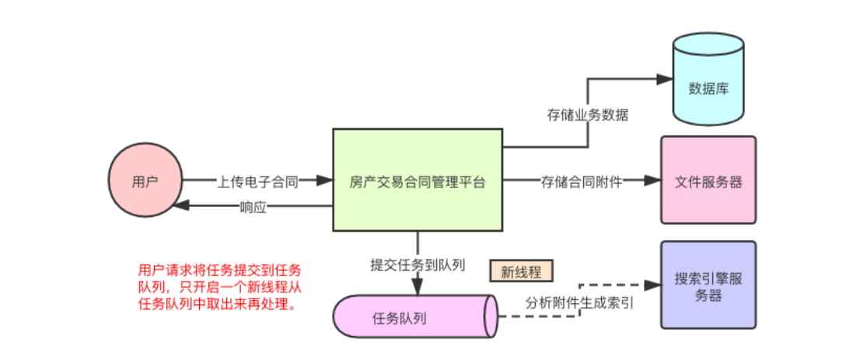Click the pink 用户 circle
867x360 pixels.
pyautogui.click(x=144, y=180)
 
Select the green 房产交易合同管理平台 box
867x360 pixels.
pyautogui.click(x=418, y=180)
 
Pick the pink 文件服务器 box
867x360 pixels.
pyautogui.click(x=708, y=180)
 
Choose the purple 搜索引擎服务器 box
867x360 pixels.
pyautogui.click(x=708, y=285)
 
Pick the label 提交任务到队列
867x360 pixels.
pyautogui.click(x=418, y=264)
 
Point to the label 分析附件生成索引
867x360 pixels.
pyautogui.click(x=579, y=302)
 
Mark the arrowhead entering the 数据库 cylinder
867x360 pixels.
pyautogui.click(x=662, y=79)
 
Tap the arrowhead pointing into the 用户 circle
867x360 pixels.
pyautogui.click(x=181, y=206)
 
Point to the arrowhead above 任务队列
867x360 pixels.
pyautogui.click(x=418, y=288)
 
